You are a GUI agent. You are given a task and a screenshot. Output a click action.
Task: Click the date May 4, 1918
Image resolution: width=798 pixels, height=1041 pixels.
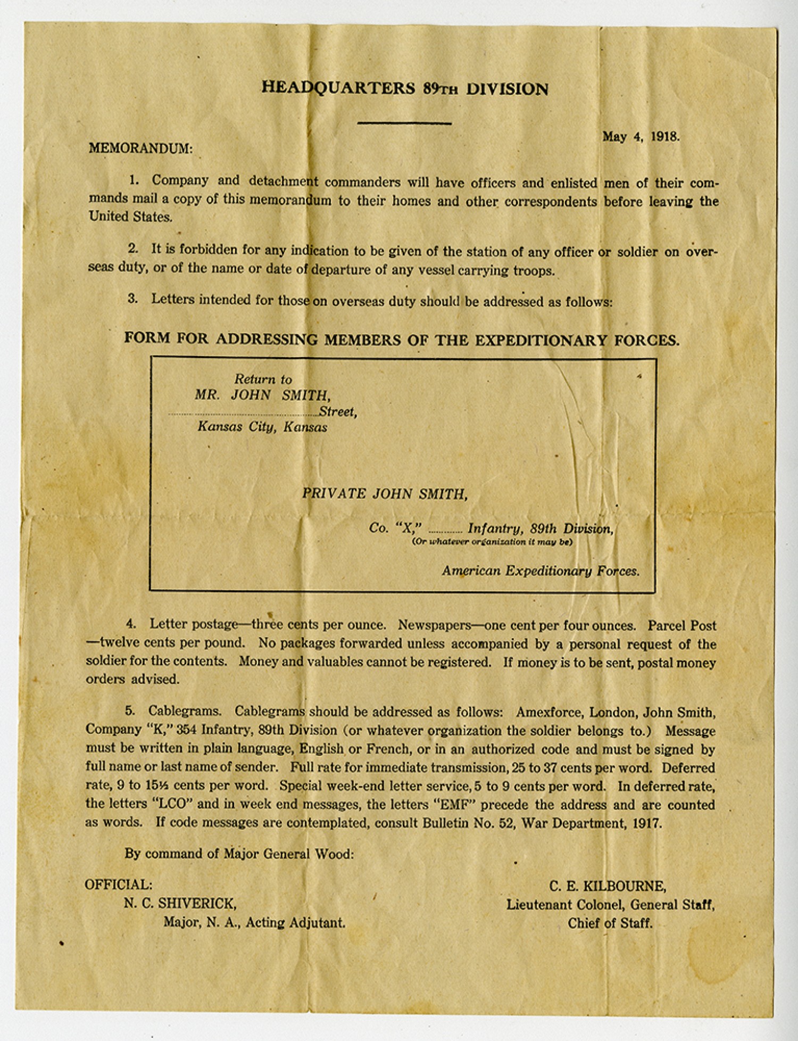(x=641, y=136)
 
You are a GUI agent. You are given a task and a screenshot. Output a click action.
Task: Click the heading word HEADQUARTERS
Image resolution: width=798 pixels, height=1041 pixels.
(x=338, y=88)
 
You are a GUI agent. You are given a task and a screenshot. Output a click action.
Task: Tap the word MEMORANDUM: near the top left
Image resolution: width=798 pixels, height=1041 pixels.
(x=140, y=148)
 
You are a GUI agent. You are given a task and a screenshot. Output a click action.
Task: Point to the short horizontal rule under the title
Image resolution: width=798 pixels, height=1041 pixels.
(x=404, y=123)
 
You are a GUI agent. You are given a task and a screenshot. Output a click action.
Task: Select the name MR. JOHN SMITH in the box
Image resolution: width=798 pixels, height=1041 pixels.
(x=262, y=395)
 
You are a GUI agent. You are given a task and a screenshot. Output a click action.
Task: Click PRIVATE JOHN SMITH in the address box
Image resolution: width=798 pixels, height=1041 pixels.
(x=385, y=494)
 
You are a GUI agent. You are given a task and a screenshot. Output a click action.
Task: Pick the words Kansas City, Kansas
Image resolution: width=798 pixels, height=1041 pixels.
(x=262, y=427)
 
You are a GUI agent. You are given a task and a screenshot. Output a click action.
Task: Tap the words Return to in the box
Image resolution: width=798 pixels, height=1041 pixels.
(x=263, y=379)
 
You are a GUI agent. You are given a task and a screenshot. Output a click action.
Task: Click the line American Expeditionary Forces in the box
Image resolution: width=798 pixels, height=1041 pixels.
(x=540, y=571)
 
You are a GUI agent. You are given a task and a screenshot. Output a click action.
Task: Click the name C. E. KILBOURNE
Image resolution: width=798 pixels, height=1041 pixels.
(x=608, y=886)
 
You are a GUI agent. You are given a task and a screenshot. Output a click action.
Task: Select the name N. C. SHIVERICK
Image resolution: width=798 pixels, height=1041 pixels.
(x=180, y=903)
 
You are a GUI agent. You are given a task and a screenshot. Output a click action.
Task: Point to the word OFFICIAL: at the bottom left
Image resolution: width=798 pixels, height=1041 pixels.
(x=119, y=885)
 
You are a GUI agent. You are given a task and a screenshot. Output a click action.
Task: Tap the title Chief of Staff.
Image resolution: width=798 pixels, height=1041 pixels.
(x=610, y=923)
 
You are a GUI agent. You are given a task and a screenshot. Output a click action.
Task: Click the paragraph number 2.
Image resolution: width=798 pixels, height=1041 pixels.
(x=132, y=249)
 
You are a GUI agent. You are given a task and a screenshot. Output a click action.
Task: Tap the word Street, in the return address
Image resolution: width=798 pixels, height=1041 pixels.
(x=338, y=411)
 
